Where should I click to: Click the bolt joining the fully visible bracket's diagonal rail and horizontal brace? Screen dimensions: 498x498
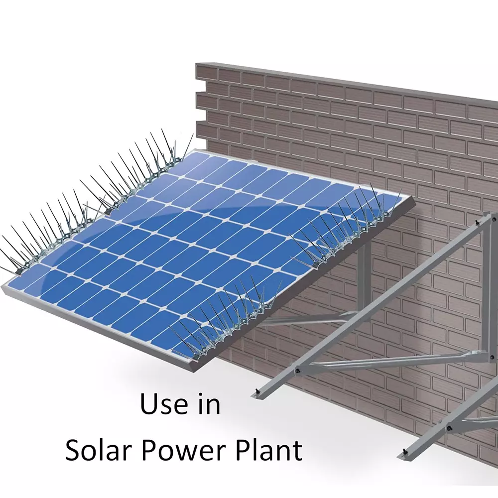coord(298,370)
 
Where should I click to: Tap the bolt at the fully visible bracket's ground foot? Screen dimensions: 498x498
coord(257,391)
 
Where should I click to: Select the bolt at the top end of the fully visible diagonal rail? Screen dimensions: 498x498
coord(477,220)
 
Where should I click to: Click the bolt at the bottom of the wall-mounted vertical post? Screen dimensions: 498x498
coord(493,357)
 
